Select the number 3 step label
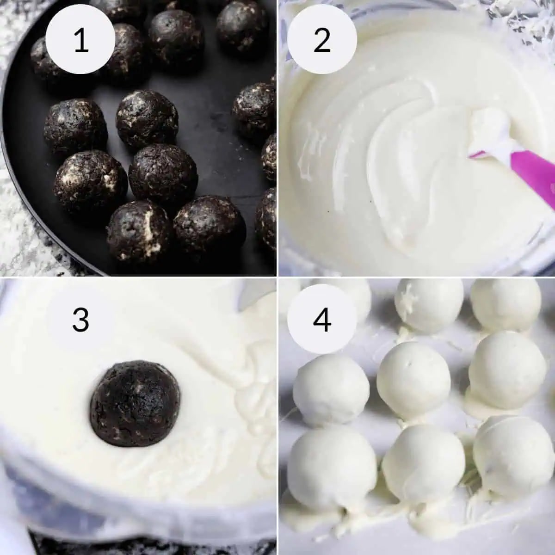(x=81, y=319)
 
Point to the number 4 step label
(x=322, y=319)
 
